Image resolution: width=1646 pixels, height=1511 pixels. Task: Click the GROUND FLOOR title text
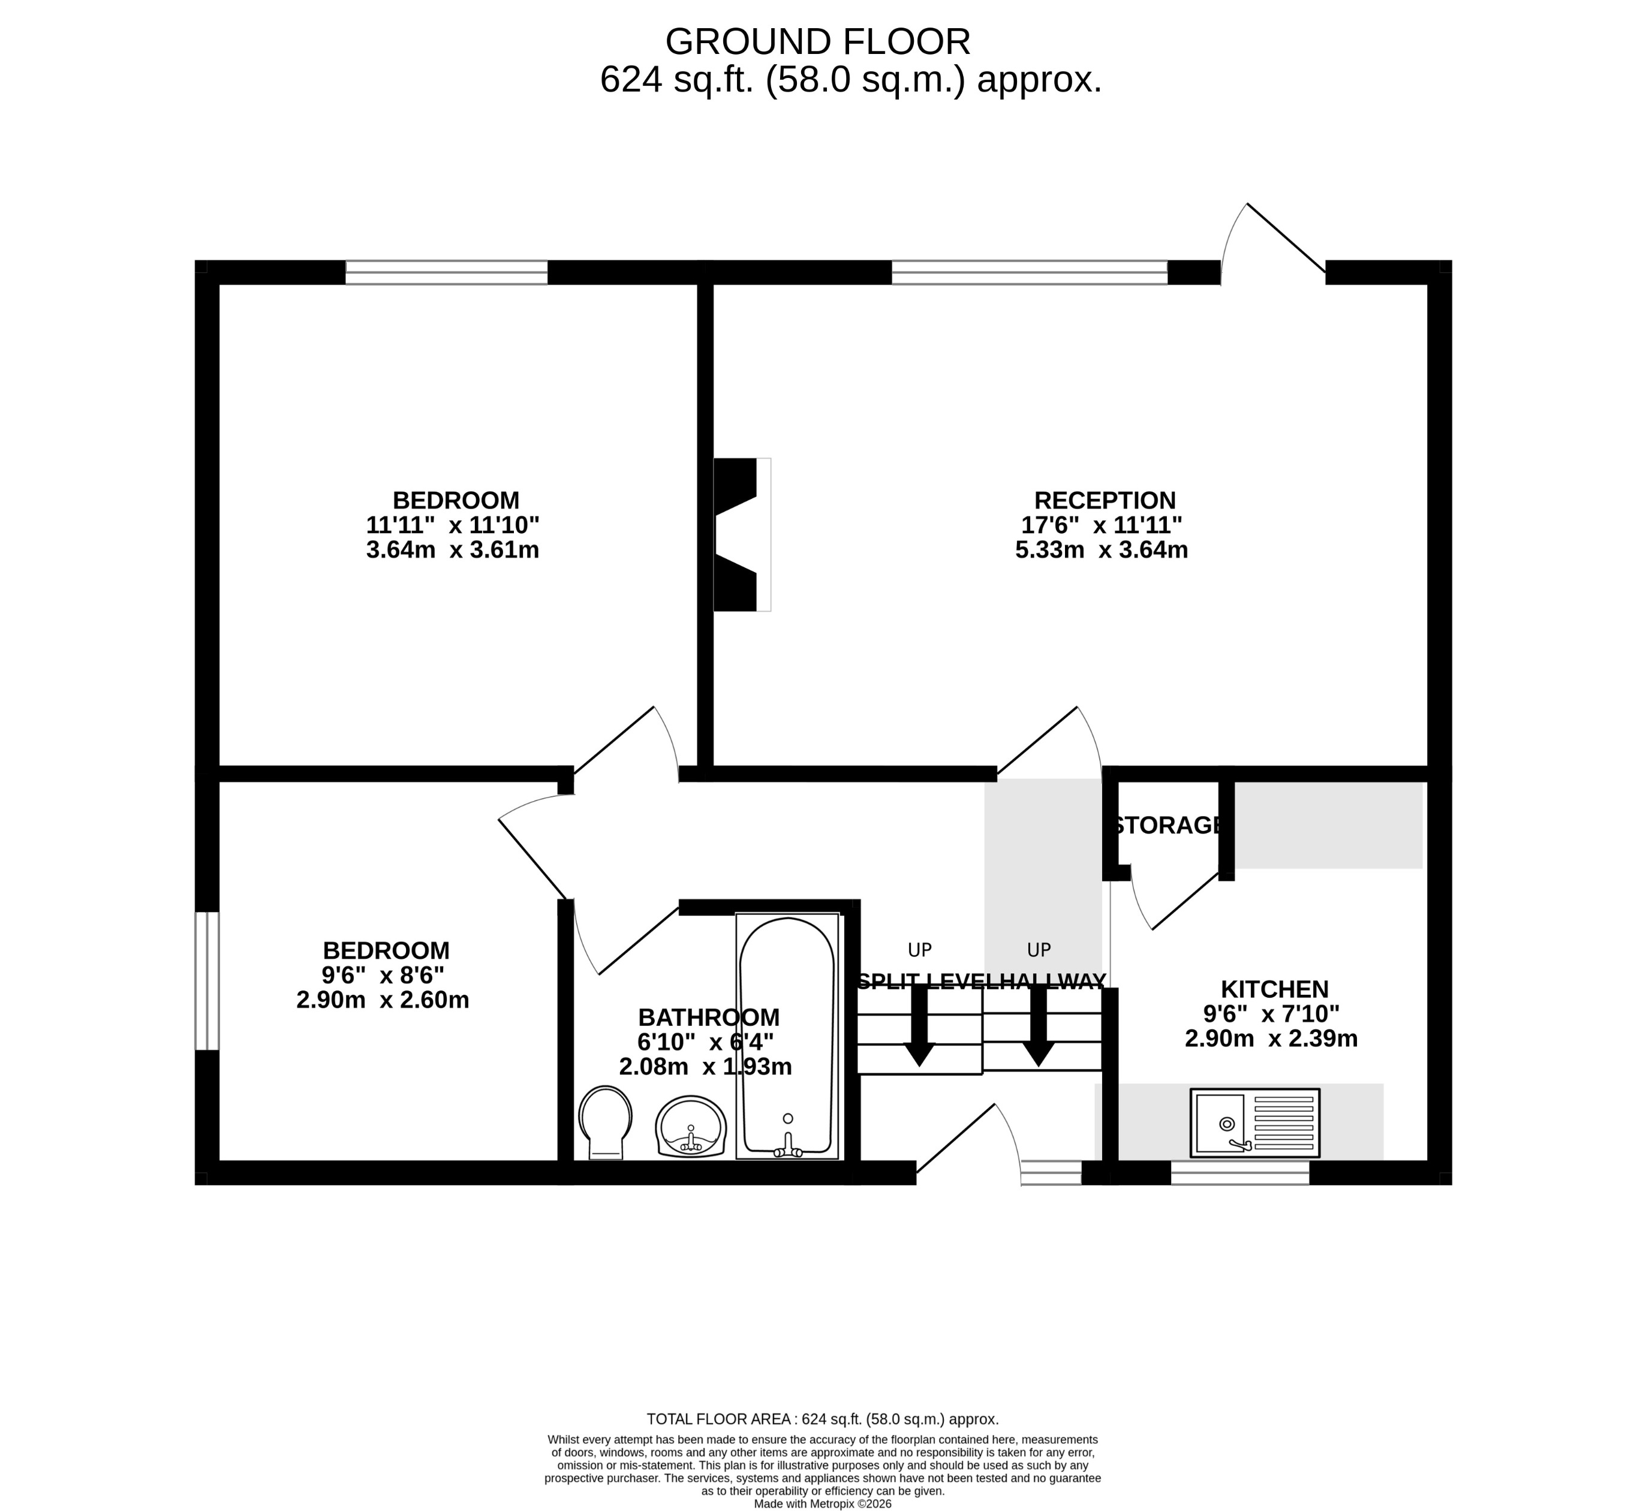pos(818,41)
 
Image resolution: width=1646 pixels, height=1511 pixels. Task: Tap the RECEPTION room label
pos(1105,501)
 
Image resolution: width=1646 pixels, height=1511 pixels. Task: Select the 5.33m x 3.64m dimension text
pos(1102,549)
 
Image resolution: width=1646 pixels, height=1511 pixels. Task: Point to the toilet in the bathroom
pos(605,1122)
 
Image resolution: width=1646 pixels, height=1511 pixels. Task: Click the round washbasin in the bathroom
pos(691,1127)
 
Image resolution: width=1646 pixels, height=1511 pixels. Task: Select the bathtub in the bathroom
pos(787,1035)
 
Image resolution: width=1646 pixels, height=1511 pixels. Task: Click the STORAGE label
pos(1167,825)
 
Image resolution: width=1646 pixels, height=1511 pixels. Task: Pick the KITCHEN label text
pos(1274,989)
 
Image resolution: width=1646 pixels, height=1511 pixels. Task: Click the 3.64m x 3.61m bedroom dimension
pos(452,549)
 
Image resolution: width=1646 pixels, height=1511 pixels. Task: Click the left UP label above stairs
pos(919,950)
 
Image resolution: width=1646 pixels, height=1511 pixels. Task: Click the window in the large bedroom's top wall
pos(447,272)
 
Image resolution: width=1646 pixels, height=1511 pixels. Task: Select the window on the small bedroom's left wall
pos(207,980)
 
